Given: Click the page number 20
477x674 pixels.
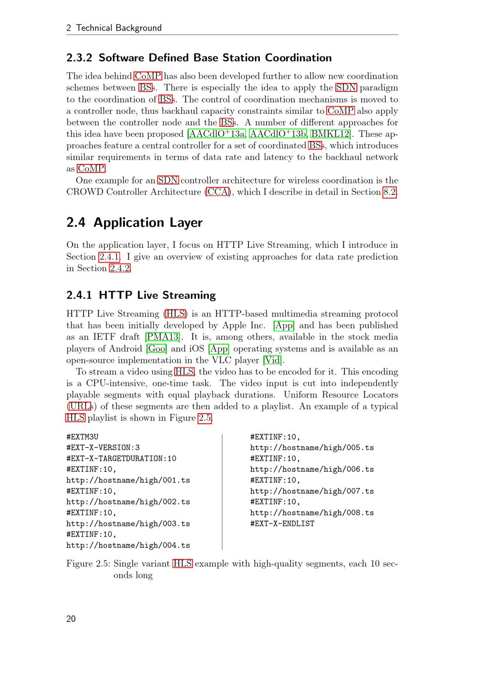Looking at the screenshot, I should coord(71,619).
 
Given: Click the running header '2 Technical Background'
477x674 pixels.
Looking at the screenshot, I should coord(114,28).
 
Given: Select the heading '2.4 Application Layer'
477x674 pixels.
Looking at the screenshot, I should coord(134,223).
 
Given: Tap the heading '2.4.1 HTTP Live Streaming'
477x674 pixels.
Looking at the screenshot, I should coord(141,295).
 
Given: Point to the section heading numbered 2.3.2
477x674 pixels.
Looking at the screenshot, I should coord(199,58).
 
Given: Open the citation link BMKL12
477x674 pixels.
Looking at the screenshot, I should coord(330,134).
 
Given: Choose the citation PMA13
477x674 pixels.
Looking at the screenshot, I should coord(162,337).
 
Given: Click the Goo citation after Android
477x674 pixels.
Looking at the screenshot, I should coord(156,348).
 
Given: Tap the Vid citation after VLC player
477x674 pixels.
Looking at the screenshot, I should coord(272,360).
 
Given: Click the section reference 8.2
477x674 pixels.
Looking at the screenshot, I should coord(389,192).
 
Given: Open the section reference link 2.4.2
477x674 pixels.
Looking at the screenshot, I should coord(120,268).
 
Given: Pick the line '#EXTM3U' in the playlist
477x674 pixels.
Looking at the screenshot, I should coord(83,437).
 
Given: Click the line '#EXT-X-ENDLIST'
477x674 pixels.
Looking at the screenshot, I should coord(282,523).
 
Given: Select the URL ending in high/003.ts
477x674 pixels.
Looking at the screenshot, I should coord(128,523).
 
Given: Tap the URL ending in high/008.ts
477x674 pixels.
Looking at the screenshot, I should coord(312,513).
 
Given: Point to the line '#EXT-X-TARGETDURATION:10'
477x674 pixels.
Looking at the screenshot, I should coord(121,459).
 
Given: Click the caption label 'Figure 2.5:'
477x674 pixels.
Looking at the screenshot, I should coord(88,563).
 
